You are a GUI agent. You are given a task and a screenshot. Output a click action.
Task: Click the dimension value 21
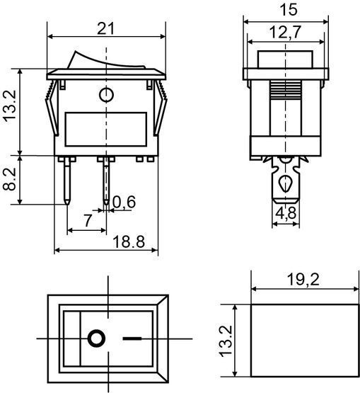click(105, 28)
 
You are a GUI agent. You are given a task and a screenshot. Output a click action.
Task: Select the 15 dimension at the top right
click(289, 10)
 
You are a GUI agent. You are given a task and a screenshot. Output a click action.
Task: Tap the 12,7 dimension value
click(285, 32)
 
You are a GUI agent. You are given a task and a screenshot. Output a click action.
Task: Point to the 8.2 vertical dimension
click(9, 179)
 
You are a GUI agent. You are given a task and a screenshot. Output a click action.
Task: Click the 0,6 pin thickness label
click(124, 202)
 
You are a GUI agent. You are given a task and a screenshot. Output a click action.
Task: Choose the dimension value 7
click(88, 220)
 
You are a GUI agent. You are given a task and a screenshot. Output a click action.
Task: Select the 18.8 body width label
click(129, 242)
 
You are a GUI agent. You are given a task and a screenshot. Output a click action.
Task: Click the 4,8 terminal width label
click(286, 213)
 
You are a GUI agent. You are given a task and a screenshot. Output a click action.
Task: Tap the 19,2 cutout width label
click(303, 280)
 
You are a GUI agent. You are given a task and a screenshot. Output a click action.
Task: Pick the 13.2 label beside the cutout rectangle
click(226, 341)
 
